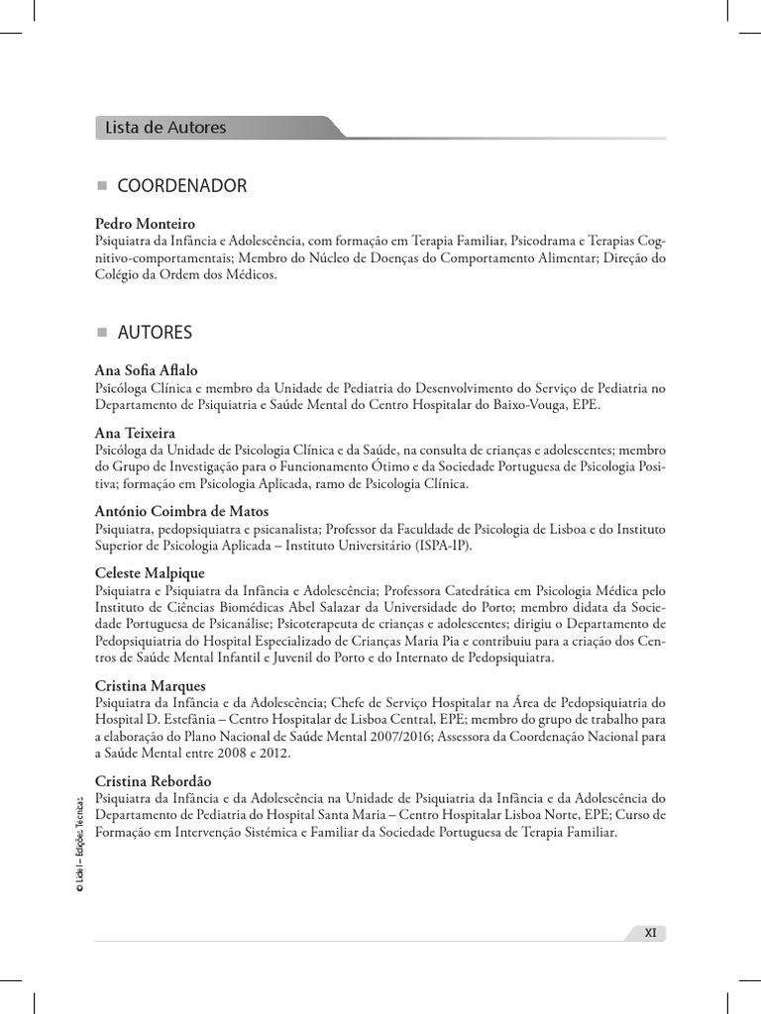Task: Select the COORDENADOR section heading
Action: coord(181,186)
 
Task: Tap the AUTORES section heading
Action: coord(155,332)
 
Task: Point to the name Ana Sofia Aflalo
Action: coord(147,370)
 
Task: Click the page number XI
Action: coord(650,932)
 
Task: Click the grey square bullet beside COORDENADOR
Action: coord(101,186)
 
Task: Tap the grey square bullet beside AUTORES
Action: coord(101,332)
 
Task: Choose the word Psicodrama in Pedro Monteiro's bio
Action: coord(550,241)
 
